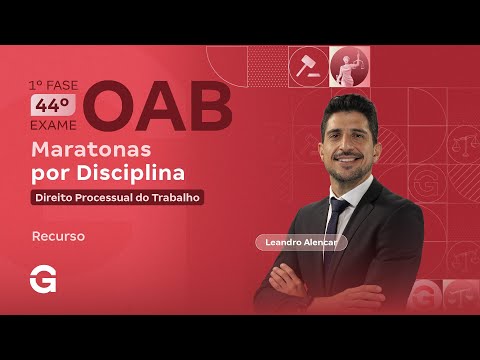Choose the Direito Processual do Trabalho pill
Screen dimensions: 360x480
[118, 197]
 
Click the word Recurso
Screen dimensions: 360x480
[58, 237]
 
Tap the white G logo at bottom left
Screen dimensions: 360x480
[44, 281]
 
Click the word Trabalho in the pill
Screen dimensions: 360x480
[175, 197]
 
